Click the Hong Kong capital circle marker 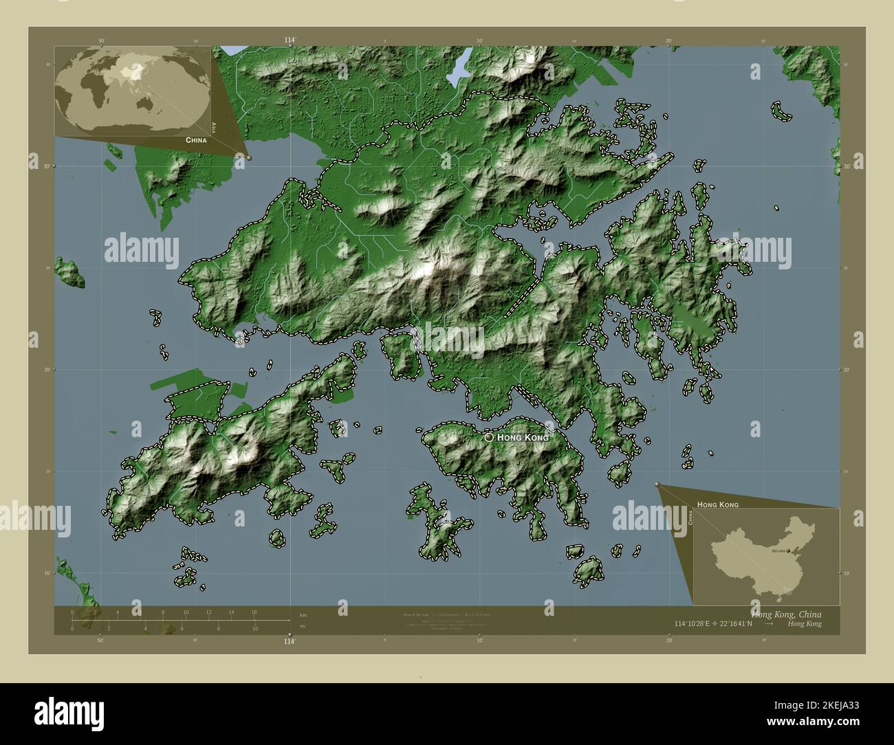tap(489, 437)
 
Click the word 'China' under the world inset tap(195, 140)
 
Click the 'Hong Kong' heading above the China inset tap(718, 504)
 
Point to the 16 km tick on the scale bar tap(254, 612)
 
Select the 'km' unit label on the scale tap(303, 614)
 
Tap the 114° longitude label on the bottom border tap(290, 641)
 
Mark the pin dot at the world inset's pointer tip tap(249, 157)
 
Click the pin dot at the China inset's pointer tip tap(657, 485)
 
